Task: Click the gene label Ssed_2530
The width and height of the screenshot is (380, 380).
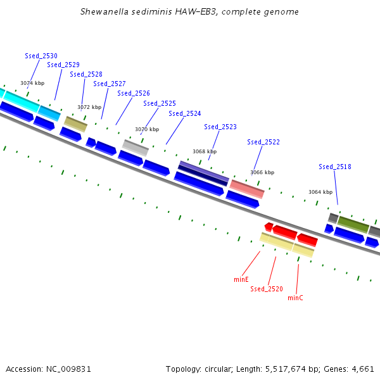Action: coord(41,56)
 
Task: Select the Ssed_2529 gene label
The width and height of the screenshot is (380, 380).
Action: coord(63,65)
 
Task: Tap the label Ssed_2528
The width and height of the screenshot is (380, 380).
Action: coord(86,74)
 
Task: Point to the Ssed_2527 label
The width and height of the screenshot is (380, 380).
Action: coord(110,84)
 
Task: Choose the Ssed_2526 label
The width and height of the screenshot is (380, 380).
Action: coord(134,93)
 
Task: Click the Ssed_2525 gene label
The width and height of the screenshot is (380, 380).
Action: coord(160,103)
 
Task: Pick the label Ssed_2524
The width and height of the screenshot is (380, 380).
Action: coord(185,113)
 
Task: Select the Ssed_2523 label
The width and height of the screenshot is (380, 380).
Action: coord(220,127)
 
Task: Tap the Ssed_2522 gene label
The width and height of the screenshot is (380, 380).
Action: coord(263,142)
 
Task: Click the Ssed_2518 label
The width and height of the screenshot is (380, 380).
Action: coord(335,167)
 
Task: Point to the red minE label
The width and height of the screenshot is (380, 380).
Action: coord(241,279)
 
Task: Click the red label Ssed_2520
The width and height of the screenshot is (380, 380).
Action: coord(267,289)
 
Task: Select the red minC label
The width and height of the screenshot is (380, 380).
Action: coord(295,298)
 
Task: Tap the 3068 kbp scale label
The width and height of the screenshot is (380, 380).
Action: coord(205,151)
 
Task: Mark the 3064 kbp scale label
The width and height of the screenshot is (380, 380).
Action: coord(320,192)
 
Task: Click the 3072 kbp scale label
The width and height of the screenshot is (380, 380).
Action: coord(89,107)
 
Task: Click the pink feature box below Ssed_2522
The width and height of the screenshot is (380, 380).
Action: coord(247,189)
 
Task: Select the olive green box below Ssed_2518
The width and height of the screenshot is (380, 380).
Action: coord(353,224)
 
